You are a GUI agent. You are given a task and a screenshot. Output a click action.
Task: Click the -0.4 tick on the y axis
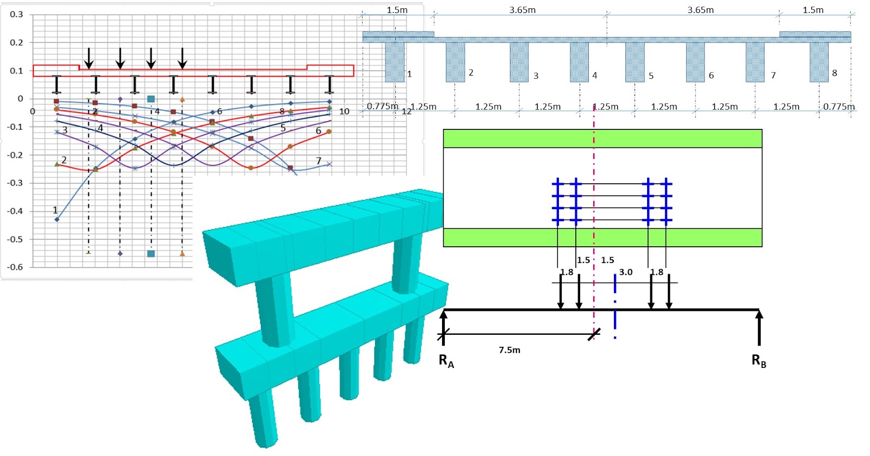pos(15,211)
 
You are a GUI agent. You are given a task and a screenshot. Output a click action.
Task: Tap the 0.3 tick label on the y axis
pos(16,14)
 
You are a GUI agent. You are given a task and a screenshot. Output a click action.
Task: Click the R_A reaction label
pos(446,361)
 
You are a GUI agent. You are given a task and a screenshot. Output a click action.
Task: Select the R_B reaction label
pos(759,361)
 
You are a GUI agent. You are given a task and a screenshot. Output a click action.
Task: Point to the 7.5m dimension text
pos(509,350)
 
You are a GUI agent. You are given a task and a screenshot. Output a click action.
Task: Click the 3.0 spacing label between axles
pos(626,272)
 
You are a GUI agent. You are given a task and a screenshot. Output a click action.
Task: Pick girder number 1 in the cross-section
pos(395,62)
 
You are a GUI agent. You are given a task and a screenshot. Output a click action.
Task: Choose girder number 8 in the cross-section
pos(819,62)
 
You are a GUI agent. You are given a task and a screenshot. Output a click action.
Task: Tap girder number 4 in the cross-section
pos(579,62)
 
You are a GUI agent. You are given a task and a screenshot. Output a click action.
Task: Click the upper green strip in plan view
pos(602,139)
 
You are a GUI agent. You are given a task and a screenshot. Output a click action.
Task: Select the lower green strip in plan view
pos(602,238)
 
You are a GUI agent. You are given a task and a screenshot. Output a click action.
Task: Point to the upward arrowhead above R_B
pos(759,314)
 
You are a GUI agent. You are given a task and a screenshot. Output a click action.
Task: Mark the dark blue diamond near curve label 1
pos(57,220)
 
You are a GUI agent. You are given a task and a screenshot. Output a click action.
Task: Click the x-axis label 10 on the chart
pos(344,111)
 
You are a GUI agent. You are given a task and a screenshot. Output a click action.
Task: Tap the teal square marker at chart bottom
pos(151,254)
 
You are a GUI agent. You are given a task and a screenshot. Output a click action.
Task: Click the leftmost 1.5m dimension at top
pos(397,10)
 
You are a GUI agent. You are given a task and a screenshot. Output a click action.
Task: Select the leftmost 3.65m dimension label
pos(522,10)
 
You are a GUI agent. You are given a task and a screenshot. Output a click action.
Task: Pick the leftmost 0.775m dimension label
pos(382,106)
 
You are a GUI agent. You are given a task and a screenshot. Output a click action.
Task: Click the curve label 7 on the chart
pos(319,161)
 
